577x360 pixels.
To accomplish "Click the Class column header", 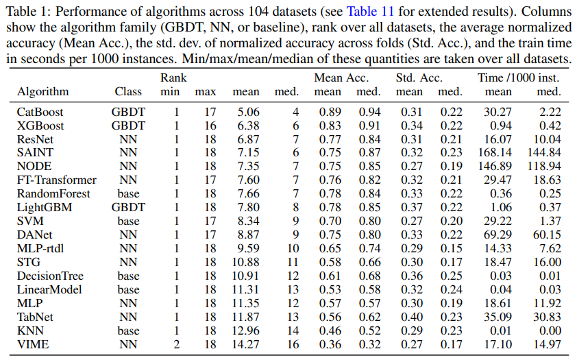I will point(128,91).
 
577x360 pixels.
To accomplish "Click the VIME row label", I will point(33,344).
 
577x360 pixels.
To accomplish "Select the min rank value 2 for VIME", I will point(176,344).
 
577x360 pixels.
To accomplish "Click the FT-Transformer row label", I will point(56,180).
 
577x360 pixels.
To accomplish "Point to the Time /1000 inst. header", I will point(519,77).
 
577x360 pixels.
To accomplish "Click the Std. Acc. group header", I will point(419,77).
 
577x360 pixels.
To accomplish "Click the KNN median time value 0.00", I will point(550,331).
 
